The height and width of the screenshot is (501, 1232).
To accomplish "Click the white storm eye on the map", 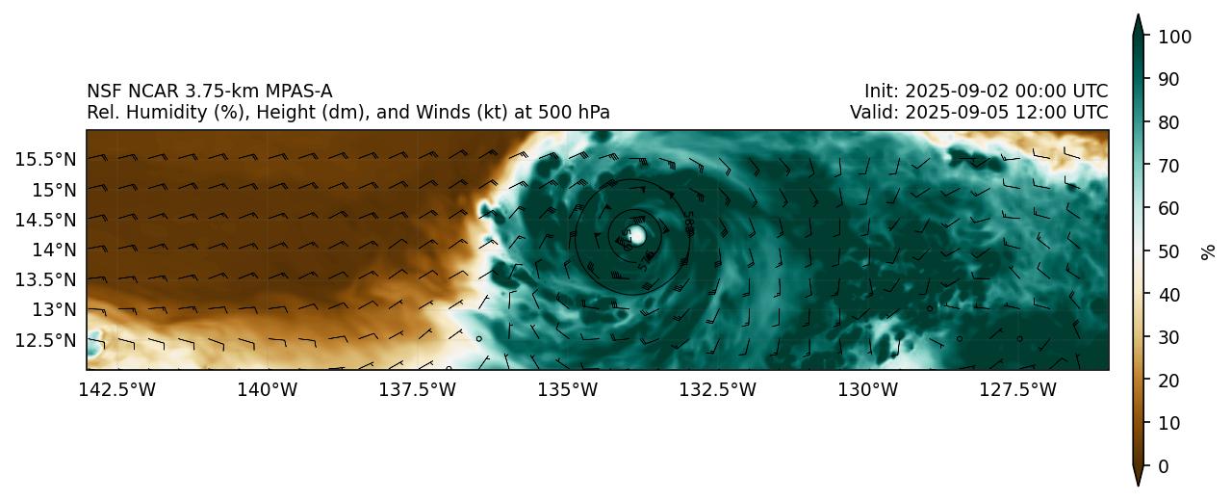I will (x=635, y=235).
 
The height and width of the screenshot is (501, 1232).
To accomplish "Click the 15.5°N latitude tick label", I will (x=45, y=158).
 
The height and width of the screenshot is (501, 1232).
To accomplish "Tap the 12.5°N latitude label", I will (x=45, y=340).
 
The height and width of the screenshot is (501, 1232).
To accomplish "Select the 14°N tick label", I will (x=53, y=250).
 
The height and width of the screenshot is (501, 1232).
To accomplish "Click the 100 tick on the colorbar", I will (x=1175, y=37).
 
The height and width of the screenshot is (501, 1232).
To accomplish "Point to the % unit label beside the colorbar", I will (x=1208, y=251).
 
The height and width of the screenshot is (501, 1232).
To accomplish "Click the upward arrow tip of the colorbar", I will (x=1138, y=17).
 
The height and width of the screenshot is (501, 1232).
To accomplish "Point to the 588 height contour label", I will (x=689, y=221).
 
